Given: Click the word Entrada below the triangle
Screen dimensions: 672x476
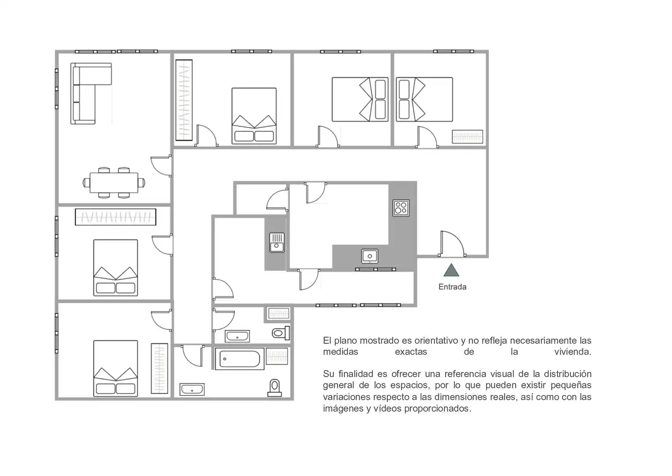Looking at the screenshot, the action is pyautogui.click(x=452, y=287).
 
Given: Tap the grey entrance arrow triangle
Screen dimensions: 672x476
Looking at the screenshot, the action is pyautogui.click(x=451, y=270).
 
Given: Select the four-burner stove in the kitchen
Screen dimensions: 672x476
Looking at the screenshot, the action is pyautogui.click(x=401, y=208).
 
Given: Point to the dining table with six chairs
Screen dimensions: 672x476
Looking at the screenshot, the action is pyautogui.click(x=114, y=182).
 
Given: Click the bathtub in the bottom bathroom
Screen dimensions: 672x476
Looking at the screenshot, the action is pyautogui.click(x=240, y=359).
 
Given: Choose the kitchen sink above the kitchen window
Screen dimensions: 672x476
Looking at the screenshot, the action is pyautogui.click(x=369, y=256).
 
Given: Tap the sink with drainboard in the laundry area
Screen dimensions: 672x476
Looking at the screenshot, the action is pyautogui.click(x=277, y=242).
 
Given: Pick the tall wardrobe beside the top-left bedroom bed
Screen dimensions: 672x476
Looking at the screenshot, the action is pyautogui.click(x=184, y=100).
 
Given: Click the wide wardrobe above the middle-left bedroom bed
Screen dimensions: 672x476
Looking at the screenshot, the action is pyautogui.click(x=115, y=217).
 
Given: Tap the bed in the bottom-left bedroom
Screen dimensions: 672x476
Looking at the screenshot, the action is pyautogui.click(x=115, y=368).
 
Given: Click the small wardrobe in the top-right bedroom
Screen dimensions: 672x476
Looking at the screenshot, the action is pyautogui.click(x=467, y=137).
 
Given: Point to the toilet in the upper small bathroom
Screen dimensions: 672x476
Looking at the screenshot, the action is pyautogui.click(x=281, y=333).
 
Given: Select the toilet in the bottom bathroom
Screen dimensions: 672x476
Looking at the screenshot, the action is pyautogui.click(x=274, y=388).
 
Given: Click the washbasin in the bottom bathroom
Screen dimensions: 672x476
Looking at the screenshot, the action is pyautogui.click(x=192, y=389).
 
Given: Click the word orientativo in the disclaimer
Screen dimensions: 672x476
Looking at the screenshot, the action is pyautogui.click(x=432, y=341).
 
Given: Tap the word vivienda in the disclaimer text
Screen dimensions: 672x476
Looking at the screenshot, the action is pyautogui.click(x=572, y=352).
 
